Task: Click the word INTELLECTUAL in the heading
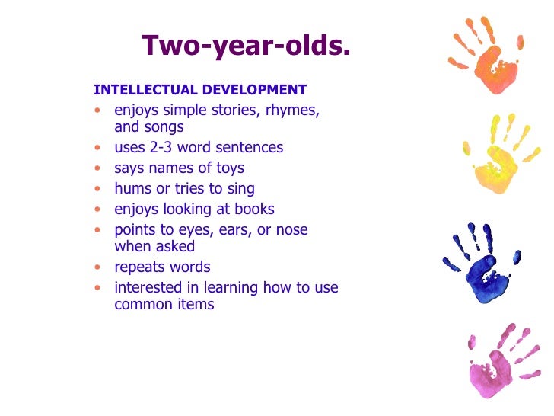tap(137, 90)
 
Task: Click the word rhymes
tap(292, 110)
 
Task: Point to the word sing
tap(240, 188)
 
